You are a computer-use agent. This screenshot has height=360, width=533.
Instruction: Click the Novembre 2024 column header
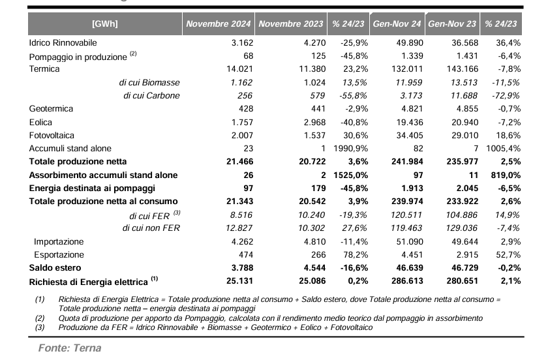coord(219,23)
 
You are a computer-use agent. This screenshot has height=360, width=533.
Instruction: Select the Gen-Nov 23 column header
coord(452,23)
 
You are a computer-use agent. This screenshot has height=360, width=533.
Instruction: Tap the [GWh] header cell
coord(105,23)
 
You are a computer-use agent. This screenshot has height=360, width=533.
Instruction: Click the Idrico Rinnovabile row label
coord(63,43)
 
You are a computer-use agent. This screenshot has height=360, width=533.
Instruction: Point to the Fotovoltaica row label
coord(52,135)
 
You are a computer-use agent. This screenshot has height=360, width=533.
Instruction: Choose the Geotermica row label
coord(51,109)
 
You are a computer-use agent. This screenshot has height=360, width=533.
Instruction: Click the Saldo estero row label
coord(55,268)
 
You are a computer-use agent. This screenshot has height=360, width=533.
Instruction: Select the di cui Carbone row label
coord(151,95)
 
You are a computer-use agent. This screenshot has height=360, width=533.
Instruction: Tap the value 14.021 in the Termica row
coord(240,69)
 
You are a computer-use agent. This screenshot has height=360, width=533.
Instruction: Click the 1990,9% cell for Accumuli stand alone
coord(351,149)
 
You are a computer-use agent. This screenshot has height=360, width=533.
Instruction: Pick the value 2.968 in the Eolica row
coord(314,123)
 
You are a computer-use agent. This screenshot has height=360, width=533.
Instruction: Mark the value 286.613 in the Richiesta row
coord(407,281)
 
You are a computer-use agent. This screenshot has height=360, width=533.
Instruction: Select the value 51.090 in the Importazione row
coord(410,242)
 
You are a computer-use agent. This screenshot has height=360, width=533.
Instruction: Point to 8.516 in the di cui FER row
coord(241,215)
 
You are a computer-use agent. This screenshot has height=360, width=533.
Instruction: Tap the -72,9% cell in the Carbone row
coord(506,95)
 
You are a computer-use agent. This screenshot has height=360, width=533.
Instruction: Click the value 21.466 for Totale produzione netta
coord(240,162)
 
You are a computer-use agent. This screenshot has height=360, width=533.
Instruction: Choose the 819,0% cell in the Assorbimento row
coord(506,175)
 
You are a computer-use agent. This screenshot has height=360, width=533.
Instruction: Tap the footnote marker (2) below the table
coord(40,318)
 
